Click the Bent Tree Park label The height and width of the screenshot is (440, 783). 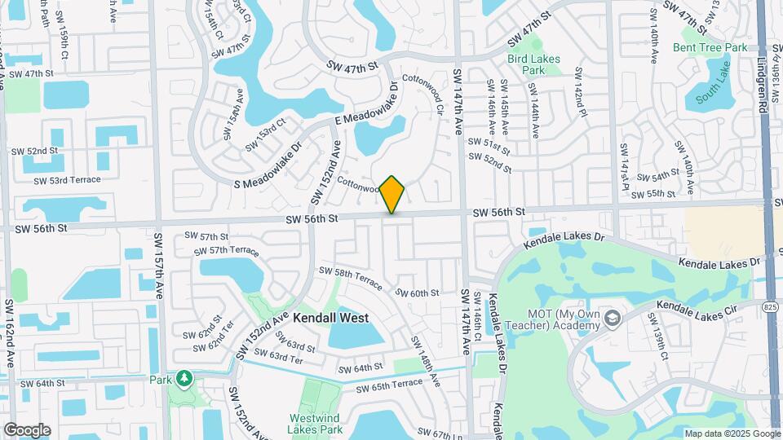(x=710, y=47)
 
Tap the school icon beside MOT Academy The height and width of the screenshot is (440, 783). (x=613, y=316)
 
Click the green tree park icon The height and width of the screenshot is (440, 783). (x=184, y=378)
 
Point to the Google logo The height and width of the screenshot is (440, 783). (x=26, y=429)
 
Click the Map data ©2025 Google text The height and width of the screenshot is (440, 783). (x=731, y=433)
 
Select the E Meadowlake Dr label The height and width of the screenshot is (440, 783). (x=366, y=105)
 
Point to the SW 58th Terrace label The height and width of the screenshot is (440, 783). (x=351, y=277)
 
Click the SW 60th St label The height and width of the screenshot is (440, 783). (x=418, y=293)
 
